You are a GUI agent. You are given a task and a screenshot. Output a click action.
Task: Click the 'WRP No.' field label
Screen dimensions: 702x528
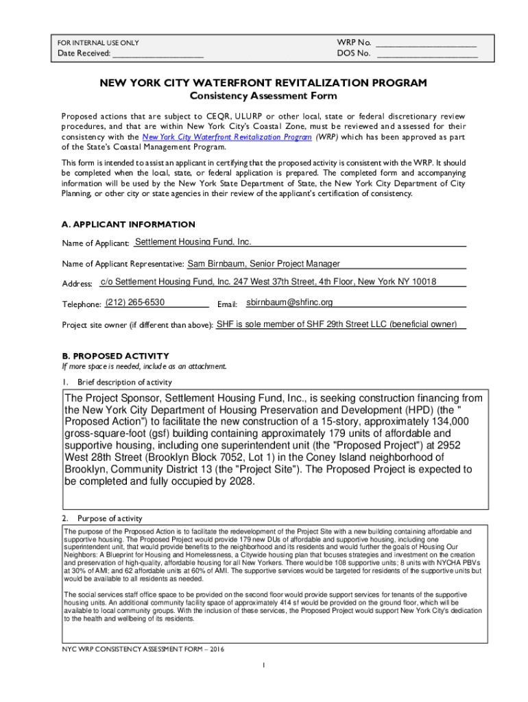[x=355, y=43]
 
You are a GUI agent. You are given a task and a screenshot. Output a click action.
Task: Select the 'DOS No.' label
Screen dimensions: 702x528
[x=354, y=53]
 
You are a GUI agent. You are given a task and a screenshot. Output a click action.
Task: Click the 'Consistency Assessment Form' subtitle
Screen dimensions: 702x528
[x=263, y=96]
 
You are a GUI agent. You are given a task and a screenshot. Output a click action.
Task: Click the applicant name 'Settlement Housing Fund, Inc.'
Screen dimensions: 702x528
[x=193, y=242]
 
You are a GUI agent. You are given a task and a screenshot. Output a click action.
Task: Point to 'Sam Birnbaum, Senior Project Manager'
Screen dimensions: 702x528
[x=264, y=263]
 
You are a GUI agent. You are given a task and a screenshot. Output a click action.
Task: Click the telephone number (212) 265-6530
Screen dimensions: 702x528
[x=135, y=302]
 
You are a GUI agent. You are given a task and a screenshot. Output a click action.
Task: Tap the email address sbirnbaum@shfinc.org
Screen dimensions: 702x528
[x=289, y=302]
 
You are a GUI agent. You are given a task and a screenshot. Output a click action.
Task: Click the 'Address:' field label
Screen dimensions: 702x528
[x=77, y=284]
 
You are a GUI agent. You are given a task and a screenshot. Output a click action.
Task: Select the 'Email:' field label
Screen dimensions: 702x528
[x=227, y=304]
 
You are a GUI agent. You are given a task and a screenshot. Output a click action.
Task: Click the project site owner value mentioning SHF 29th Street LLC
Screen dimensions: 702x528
[x=337, y=324]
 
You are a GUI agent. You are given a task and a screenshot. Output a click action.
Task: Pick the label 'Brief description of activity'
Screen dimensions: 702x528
[x=125, y=382]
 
